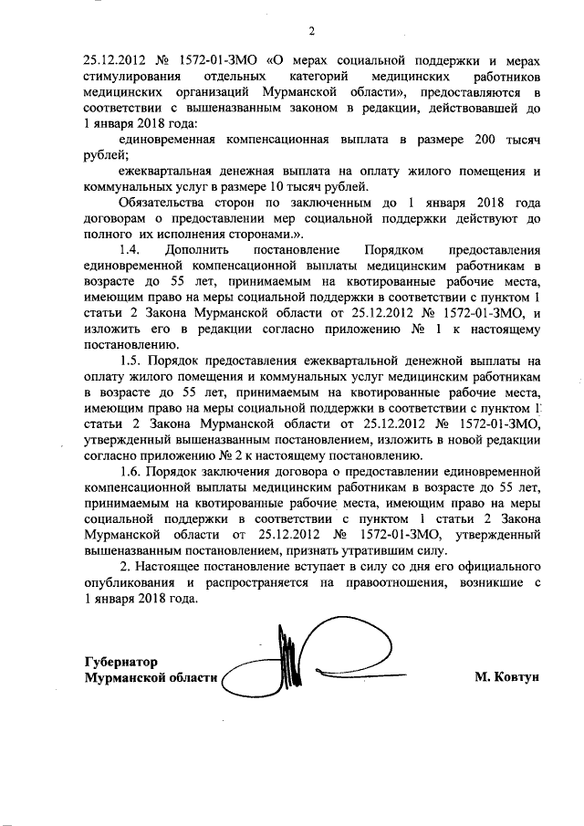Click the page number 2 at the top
coord(310,33)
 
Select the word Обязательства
coord(165,203)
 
